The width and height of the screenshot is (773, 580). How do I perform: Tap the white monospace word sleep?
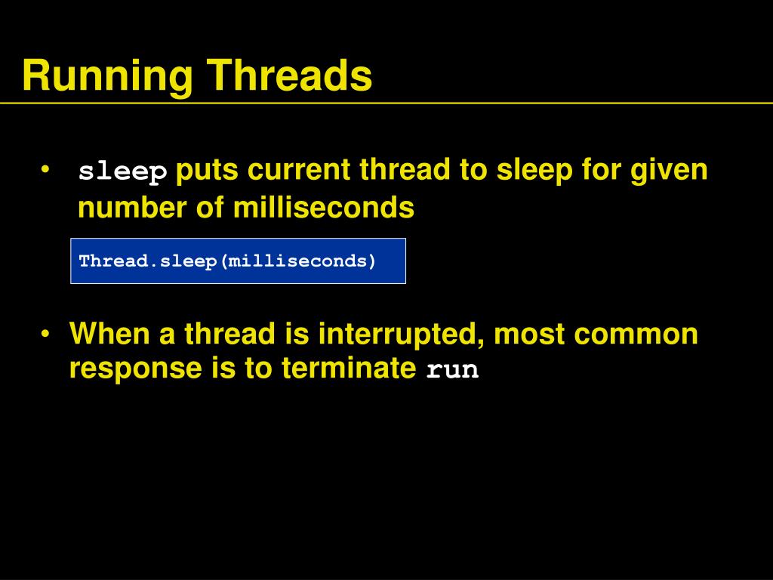pyautogui.click(x=123, y=173)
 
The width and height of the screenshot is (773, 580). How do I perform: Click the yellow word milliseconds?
pyautogui.click(x=324, y=208)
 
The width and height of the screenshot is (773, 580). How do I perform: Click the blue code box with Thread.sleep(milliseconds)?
pyautogui.click(x=238, y=261)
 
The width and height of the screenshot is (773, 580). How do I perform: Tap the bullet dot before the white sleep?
pyautogui.click(x=47, y=170)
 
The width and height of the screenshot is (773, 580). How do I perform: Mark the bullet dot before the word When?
pyautogui.click(x=47, y=334)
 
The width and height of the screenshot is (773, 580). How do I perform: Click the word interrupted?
pyautogui.click(x=401, y=334)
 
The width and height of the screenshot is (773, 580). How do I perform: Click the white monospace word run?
pyautogui.click(x=453, y=372)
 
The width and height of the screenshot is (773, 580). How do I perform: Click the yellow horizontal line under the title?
pyautogui.click(x=386, y=103)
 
